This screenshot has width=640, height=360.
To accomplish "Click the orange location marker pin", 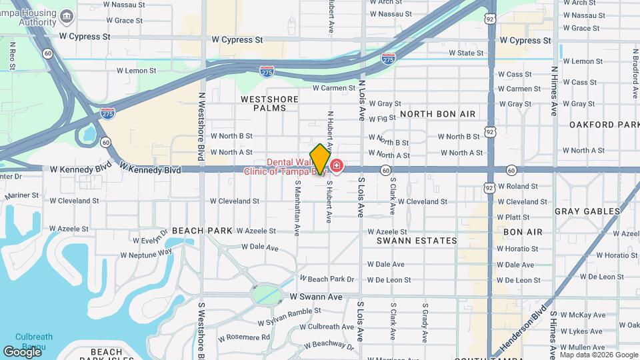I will pos(320,159).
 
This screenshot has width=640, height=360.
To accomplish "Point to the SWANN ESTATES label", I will pos(417,241).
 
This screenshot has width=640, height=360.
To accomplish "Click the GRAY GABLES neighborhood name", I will pos(587,211).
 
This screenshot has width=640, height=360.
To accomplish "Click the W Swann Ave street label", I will pos(316,296).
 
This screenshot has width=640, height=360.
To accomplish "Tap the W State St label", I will pos(466,53).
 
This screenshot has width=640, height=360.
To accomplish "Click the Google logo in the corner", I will pos(23,351).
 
